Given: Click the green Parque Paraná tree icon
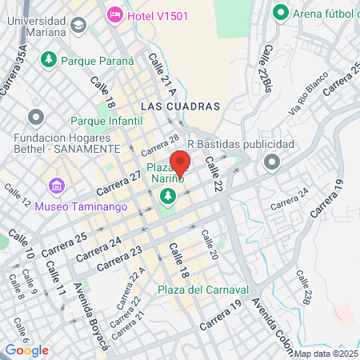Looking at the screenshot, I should [48, 59].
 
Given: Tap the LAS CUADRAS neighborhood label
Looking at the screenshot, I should [179, 106].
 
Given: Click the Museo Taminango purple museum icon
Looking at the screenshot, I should [56, 187].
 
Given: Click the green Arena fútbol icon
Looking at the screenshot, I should [280, 13].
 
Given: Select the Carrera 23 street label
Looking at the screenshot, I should [119, 259].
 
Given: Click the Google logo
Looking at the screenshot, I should [27, 350].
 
